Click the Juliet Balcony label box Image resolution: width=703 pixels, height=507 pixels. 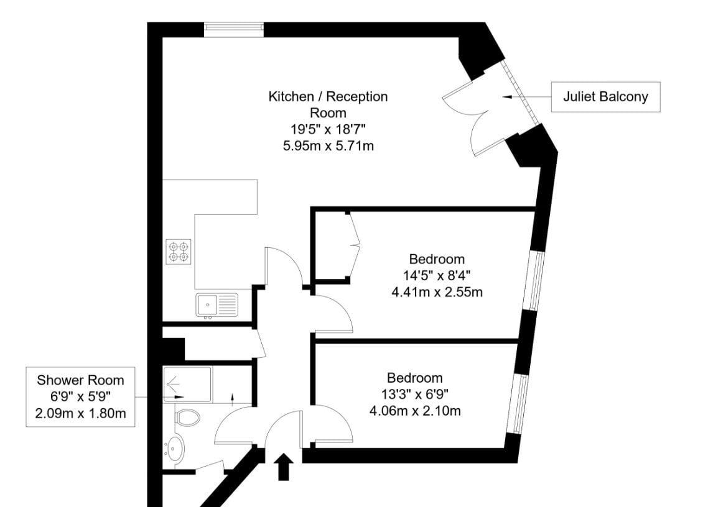click(x=605, y=97)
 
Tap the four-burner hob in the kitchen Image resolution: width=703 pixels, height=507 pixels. click(x=179, y=252)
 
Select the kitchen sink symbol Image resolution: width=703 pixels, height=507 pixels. click(x=217, y=305)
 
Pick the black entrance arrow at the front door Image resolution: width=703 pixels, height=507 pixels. click(x=283, y=467)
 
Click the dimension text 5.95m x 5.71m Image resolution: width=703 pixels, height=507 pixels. click(x=328, y=146)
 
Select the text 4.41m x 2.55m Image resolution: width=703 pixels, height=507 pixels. click(x=437, y=293)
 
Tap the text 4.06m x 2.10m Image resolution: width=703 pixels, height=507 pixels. click(x=415, y=411)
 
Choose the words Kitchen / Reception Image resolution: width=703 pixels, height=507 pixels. click(x=328, y=97)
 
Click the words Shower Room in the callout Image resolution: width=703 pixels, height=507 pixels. click(x=80, y=380)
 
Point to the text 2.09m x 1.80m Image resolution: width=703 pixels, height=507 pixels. click(x=81, y=413)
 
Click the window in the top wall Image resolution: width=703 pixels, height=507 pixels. click(x=234, y=30)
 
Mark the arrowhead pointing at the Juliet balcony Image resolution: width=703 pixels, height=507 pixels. click(x=508, y=97)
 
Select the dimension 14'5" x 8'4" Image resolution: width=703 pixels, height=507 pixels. click(x=437, y=275)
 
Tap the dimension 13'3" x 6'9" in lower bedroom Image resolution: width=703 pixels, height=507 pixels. click(x=415, y=394)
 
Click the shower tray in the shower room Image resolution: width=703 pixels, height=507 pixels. click(x=187, y=385)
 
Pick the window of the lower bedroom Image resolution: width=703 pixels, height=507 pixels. click(x=519, y=404)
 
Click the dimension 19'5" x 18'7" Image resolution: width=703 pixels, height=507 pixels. click(x=328, y=129)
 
